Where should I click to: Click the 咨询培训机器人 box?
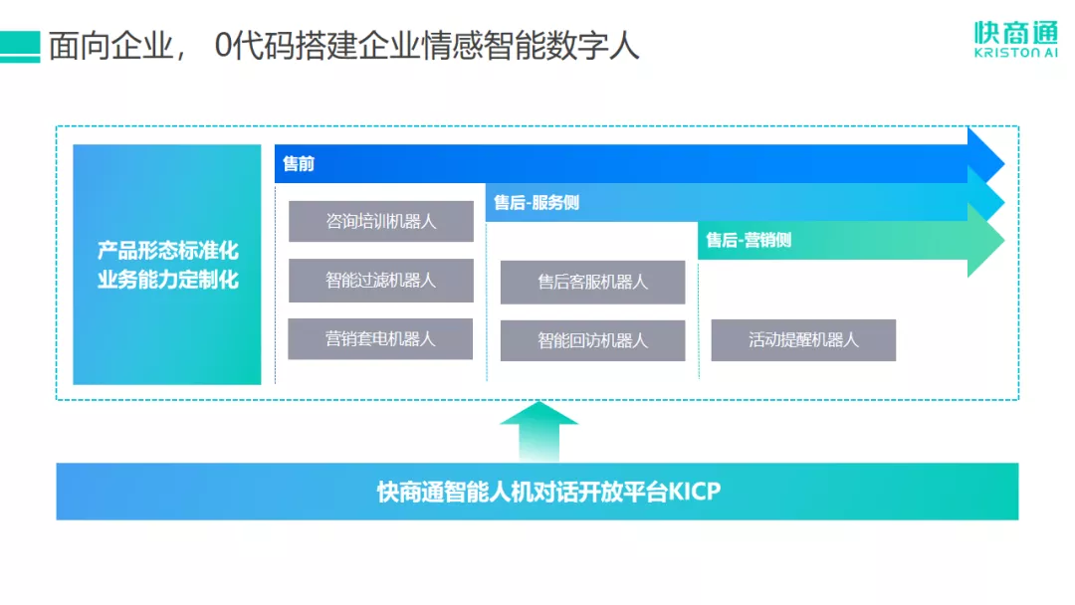[381, 221]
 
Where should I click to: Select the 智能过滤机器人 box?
[381, 280]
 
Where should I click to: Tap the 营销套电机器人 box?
[380, 338]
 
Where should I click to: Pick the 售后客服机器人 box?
[592, 282]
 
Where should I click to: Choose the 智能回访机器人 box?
[592, 339]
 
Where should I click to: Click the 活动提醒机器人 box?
[803, 339]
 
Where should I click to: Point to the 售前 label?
[299, 164]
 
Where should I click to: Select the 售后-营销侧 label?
[749, 240]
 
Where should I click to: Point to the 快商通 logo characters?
[1015, 32]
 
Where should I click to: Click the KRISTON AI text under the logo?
[1016, 55]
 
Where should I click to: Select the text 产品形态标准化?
[167, 251]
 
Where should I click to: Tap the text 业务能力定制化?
[167, 280]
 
